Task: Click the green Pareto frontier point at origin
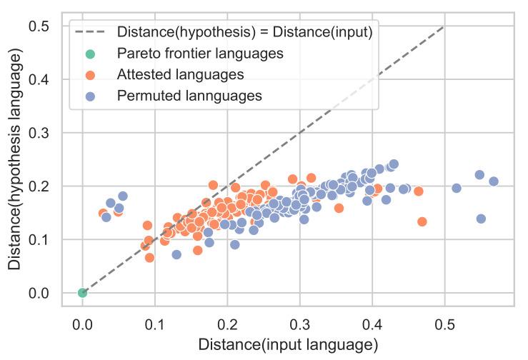[x=83, y=292]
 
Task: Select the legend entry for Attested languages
[x=181, y=74]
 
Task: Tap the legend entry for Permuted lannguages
[x=189, y=95]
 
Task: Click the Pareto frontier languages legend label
[x=201, y=54]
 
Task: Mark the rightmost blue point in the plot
[x=493, y=181]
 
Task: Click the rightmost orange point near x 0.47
[x=422, y=221]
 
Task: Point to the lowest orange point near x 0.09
[x=149, y=257]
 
